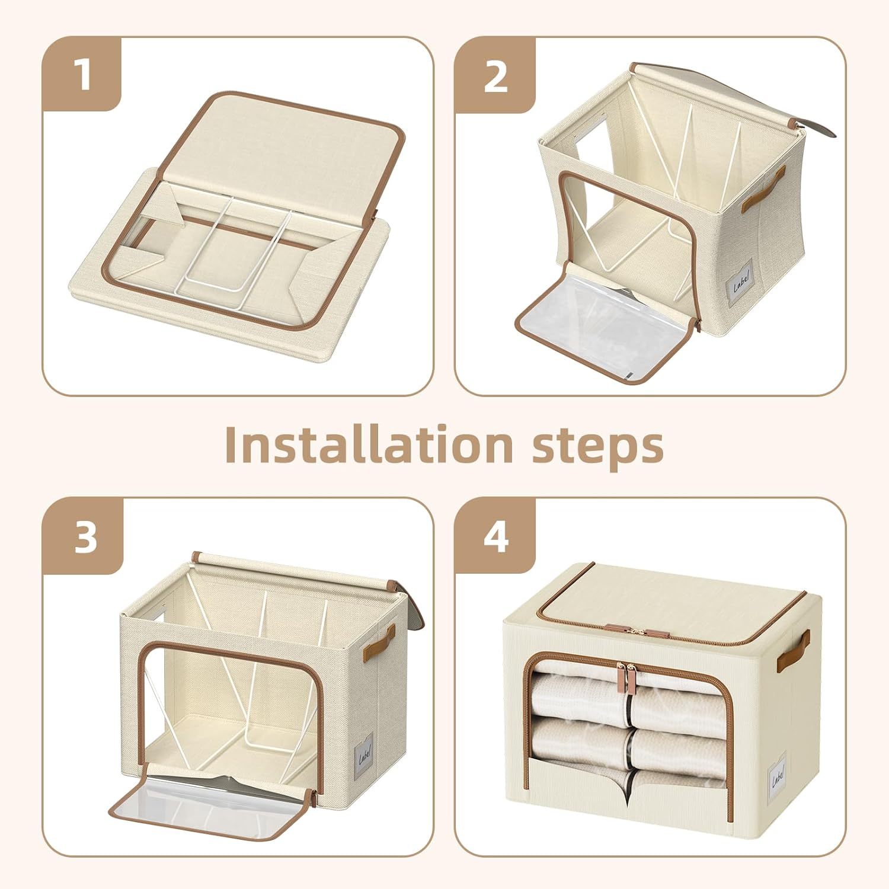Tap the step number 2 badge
(495, 75)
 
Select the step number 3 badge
(84, 537)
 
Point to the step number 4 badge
(495, 537)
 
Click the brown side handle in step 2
(763, 189)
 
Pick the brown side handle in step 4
(794, 650)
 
